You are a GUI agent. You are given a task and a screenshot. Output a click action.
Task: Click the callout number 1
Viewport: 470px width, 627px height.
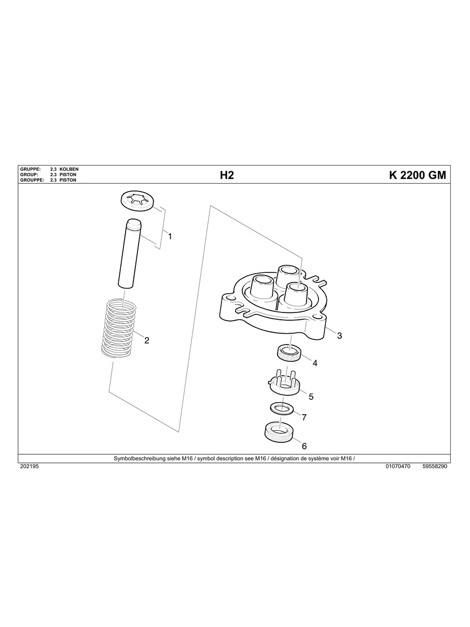pyautogui.click(x=170, y=236)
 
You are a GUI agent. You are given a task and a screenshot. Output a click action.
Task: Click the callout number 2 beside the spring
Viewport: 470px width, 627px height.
pyautogui.click(x=147, y=340)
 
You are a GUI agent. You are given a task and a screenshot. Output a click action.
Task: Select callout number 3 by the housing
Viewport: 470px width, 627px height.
pyautogui.click(x=339, y=335)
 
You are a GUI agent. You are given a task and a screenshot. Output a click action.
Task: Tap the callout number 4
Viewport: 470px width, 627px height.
pyautogui.click(x=314, y=363)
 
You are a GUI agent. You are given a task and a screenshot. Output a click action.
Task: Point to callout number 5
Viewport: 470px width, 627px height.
pyautogui.click(x=311, y=397)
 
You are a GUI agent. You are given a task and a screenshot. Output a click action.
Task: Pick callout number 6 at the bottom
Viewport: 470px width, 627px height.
pyautogui.click(x=304, y=446)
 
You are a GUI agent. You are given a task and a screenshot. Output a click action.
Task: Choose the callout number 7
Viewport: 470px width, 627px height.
pyautogui.click(x=304, y=417)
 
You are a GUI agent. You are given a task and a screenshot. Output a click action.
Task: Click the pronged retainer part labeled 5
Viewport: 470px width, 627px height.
pyautogui.click(x=284, y=383)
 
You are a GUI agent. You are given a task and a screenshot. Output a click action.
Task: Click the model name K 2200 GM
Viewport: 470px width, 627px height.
pyautogui.click(x=417, y=175)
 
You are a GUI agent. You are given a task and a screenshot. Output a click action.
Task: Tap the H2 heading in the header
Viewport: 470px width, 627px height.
pyautogui.click(x=227, y=175)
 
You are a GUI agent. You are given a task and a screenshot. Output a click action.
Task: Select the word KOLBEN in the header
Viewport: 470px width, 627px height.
pyautogui.click(x=69, y=169)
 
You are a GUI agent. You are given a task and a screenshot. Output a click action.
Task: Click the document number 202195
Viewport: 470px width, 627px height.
pyautogui.click(x=29, y=467)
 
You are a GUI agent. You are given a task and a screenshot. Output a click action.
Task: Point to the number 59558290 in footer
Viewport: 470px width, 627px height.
pyautogui.click(x=435, y=467)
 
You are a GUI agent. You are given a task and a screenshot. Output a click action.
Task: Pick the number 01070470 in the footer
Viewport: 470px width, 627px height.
pyautogui.click(x=398, y=467)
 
